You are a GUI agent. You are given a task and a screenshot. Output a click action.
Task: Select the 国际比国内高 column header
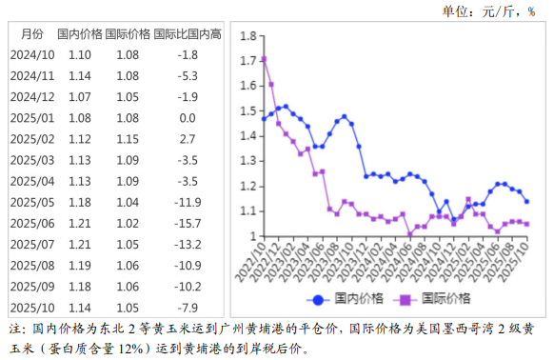(188, 33)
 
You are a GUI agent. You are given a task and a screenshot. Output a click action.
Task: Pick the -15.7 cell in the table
(188, 223)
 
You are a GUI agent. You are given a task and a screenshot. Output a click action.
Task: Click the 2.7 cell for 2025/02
(188, 139)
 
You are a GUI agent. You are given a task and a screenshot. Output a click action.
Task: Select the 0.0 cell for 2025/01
(188, 118)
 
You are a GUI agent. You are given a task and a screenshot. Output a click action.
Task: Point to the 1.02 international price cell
(128, 223)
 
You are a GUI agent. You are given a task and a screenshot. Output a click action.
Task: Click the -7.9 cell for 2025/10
(188, 307)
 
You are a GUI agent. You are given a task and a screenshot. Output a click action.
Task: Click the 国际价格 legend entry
(436, 299)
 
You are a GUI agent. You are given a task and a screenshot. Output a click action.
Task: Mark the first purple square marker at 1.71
(264, 59)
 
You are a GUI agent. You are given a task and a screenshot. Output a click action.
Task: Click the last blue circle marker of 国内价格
(527, 201)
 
